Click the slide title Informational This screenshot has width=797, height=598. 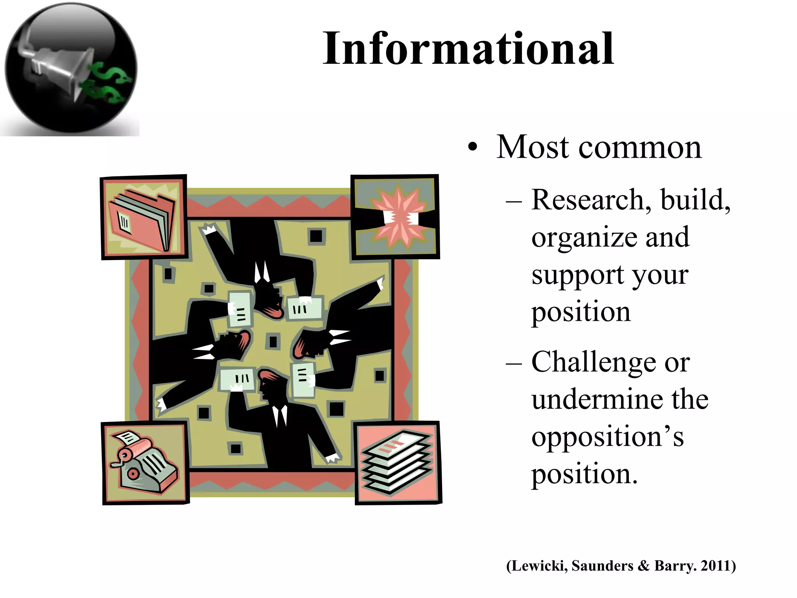click(468, 49)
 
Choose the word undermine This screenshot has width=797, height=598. click(599, 399)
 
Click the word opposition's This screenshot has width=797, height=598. click(607, 437)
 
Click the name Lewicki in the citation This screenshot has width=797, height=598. click(539, 566)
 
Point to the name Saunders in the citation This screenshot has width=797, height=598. click(602, 566)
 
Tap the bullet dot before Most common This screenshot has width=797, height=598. click(472, 148)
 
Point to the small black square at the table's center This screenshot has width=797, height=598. click(273, 341)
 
